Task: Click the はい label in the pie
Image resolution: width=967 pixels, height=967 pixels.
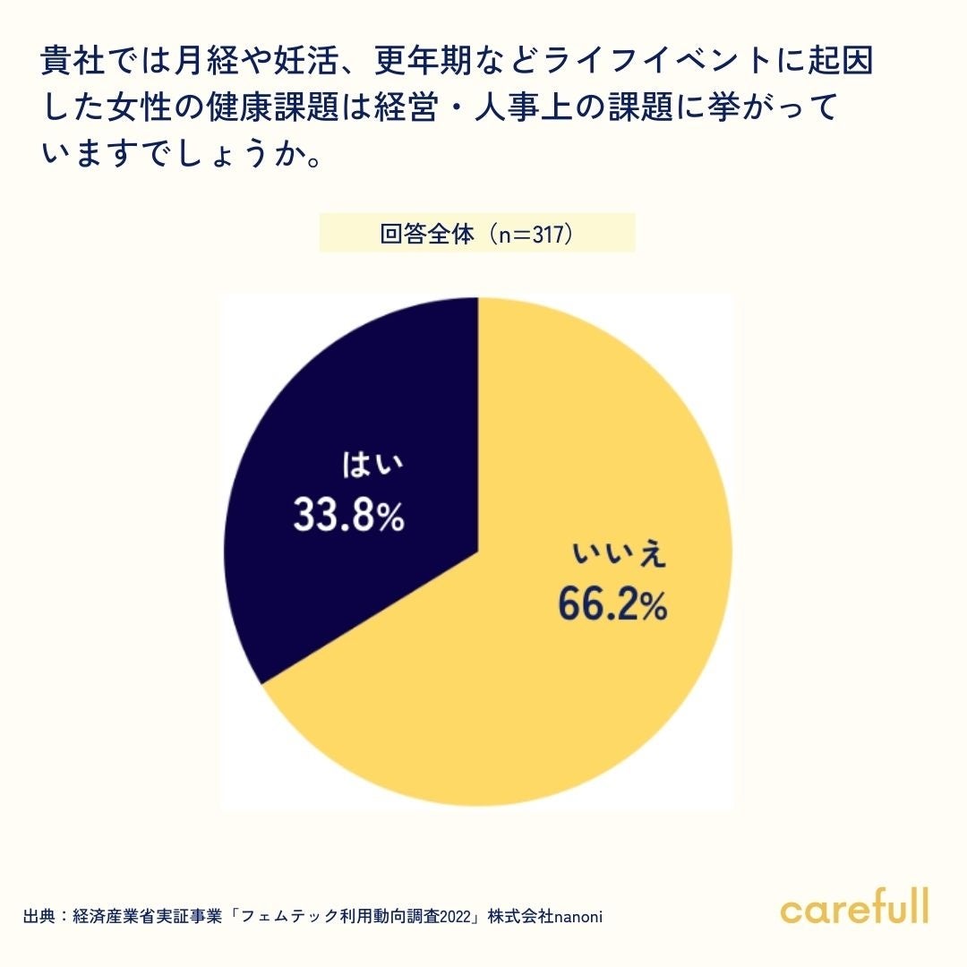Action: [x=372, y=466]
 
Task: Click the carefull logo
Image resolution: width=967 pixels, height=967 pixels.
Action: [x=854, y=906]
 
